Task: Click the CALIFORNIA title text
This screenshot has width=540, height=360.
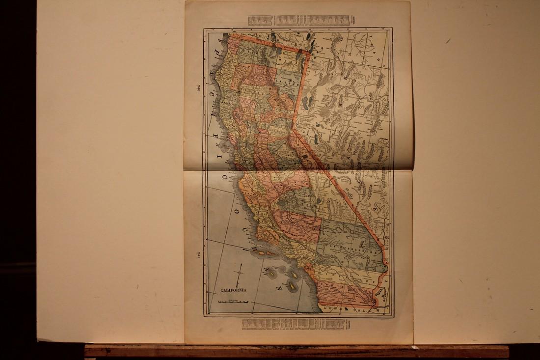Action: coord(234,290)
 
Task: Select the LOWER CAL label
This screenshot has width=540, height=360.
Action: coord(351,309)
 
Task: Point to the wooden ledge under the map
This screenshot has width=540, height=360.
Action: coord(295,351)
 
